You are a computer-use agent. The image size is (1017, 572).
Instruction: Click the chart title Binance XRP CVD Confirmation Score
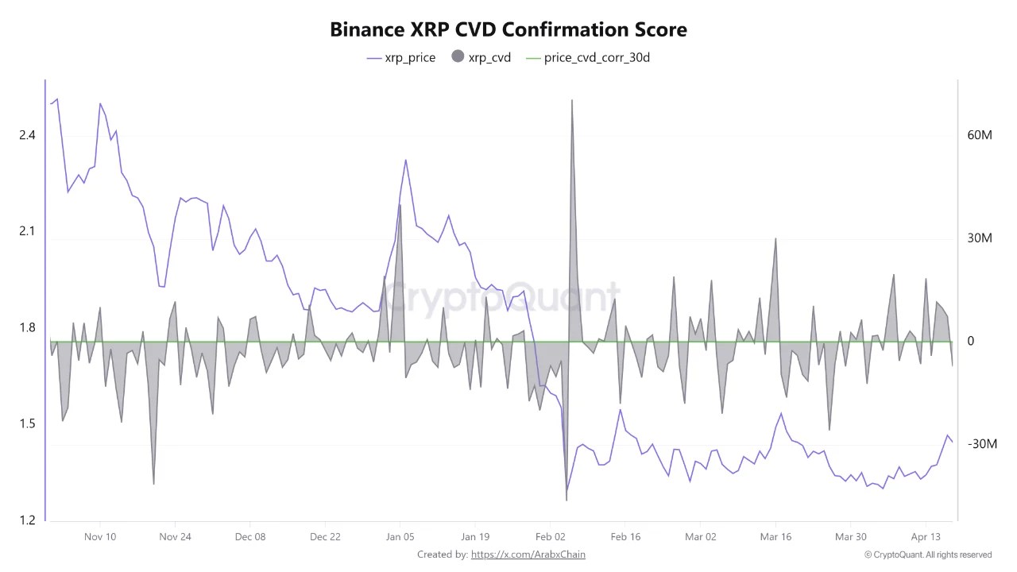point(508,29)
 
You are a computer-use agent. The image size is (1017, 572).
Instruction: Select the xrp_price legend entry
point(401,57)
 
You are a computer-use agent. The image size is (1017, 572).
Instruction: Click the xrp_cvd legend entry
point(481,57)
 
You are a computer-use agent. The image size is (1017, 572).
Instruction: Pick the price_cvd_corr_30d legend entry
point(588,57)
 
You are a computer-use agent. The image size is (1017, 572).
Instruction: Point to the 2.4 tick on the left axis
point(27,135)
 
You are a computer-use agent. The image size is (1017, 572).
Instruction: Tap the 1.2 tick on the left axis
point(27,520)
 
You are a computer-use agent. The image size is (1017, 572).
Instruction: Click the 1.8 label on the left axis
point(27,327)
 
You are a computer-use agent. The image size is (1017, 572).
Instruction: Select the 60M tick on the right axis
point(980,135)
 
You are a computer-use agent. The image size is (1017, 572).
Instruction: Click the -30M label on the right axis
point(982,443)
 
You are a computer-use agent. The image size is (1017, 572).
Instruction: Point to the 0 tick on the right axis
point(970,341)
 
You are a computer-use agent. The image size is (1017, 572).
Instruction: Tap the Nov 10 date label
point(100,536)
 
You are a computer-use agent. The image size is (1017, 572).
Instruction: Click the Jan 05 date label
point(400,536)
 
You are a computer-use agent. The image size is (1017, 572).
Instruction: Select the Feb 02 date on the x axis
point(550,536)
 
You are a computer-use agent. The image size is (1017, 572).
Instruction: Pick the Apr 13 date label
point(926,536)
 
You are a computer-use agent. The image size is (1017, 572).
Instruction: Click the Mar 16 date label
point(775,536)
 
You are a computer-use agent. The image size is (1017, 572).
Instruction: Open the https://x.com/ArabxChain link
point(528,554)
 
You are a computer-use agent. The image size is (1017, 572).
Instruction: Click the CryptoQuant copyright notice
point(927,555)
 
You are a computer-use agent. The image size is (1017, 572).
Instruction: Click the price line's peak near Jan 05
point(405,160)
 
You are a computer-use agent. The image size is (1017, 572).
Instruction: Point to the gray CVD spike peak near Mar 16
point(775,238)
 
